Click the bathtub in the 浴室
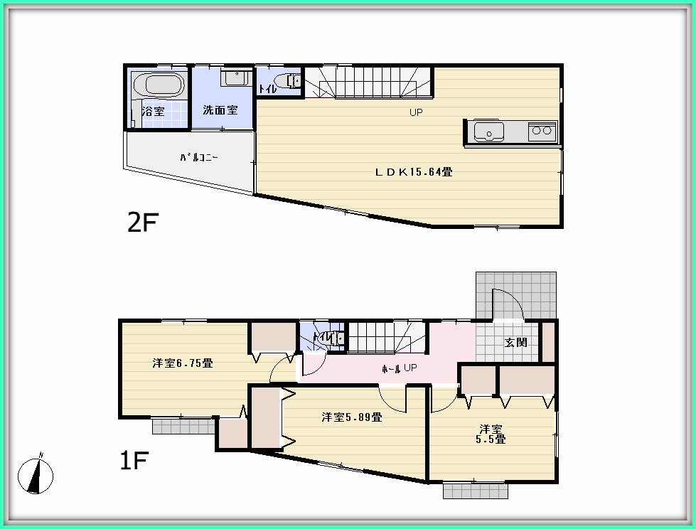click(159, 85)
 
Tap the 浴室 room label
click(153, 111)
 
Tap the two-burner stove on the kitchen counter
click(542, 131)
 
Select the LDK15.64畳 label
click(414, 171)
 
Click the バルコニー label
click(198, 158)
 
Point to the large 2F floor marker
click(141, 223)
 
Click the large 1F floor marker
click(133, 461)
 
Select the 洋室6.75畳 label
click(182, 363)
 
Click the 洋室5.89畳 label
click(351, 417)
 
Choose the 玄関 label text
click(516, 342)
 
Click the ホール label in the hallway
click(390, 368)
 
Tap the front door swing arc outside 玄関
click(510, 302)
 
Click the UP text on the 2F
click(416, 112)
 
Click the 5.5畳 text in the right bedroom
click(491, 439)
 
